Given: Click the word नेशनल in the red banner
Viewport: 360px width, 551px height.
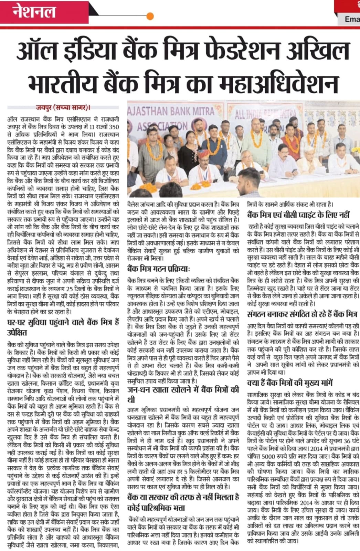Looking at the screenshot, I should click(x=34, y=12).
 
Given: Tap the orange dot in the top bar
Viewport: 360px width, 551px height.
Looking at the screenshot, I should click(x=150, y=16).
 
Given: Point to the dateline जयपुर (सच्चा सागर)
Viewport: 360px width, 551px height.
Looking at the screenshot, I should click(x=63, y=107).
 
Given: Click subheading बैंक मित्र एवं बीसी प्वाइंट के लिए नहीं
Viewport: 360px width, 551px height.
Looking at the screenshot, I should click(x=298, y=215).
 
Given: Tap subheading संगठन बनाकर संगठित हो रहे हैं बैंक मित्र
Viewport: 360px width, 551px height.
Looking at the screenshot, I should click(x=303, y=314).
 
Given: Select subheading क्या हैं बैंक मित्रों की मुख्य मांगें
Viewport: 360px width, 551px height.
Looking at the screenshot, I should click(x=290, y=383).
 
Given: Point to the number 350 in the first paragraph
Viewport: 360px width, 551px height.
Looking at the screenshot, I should click(x=114, y=126).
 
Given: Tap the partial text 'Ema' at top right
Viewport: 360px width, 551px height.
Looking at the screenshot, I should click(x=352, y=19).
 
